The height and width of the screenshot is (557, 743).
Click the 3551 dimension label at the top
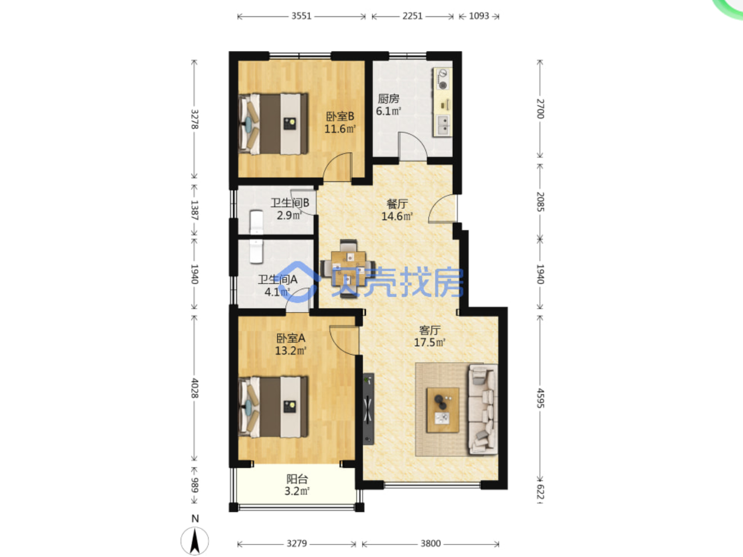pyautogui.click(x=301, y=16)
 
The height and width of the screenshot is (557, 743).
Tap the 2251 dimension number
pyautogui.click(x=412, y=16)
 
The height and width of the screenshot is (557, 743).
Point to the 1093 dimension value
pyautogui.click(x=479, y=16)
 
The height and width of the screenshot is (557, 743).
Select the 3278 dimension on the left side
pyautogui.click(x=195, y=119)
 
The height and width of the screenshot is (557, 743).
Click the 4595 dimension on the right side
pyautogui.click(x=541, y=398)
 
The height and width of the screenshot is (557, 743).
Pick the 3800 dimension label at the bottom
pyautogui.click(x=431, y=544)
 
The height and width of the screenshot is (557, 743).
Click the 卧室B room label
pyautogui.click(x=340, y=116)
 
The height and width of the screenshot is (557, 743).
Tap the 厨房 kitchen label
pyautogui.click(x=388, y=99)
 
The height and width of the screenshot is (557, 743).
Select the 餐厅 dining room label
pyautogui.click(x=397, y=204)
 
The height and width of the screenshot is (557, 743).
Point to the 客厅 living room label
pyautogui.click(x=429, y=330)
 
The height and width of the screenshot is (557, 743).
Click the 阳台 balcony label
pyautogui.click(x=297, y=479)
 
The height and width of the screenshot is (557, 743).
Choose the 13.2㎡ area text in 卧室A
pyautogui.click(x=291, y=351)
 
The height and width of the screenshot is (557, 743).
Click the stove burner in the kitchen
pyautogui.click(x=442, y=79)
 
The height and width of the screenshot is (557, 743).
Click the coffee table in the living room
pyautogui.click(x=443, y=410)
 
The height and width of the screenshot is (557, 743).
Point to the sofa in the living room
pyautogui.click(x=483, y=409)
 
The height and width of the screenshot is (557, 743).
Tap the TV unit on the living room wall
pyautogui.click(x=368, y=409)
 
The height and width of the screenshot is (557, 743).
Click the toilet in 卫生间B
pyautogui.click(x=256, y=222)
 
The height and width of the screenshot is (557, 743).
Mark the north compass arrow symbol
pyautogui.click(x=195, y=541)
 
